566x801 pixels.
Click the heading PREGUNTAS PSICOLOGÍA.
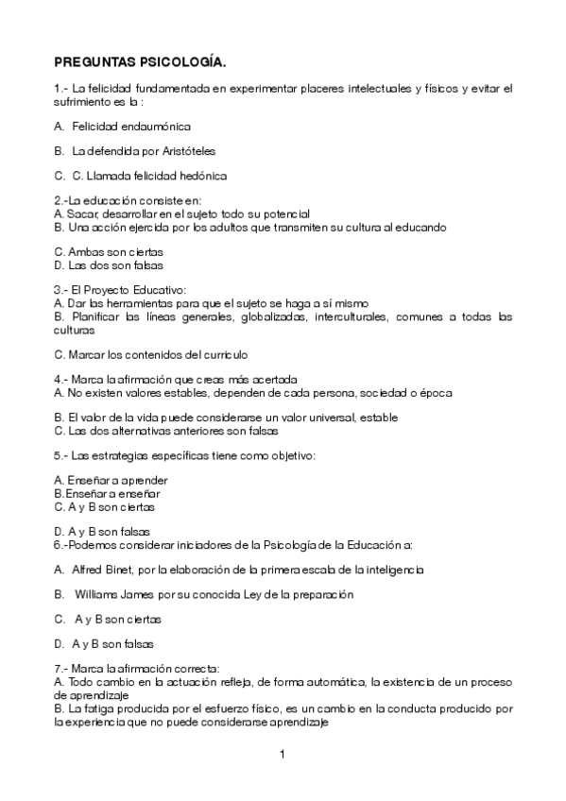140,63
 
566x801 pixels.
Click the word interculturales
343,317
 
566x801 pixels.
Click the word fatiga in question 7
96,707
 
